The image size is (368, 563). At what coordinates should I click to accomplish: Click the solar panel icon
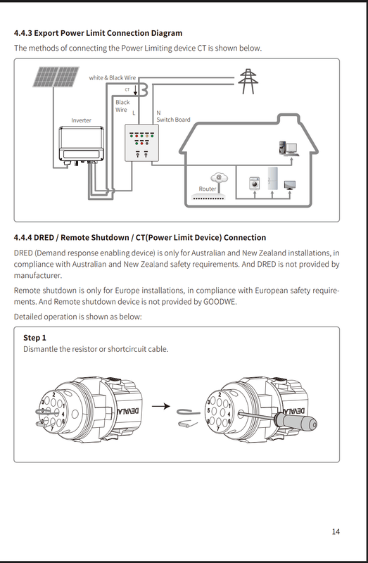tap(56, 77)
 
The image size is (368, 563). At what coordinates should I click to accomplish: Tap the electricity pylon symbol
tap(248, 82)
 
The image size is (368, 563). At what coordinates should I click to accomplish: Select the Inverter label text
tap(81, 120)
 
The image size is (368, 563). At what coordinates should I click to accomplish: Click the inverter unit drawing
tap(82, 145)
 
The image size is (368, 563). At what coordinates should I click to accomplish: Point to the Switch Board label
tap(173, 120)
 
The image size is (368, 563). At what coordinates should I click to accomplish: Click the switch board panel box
tap(141, 143)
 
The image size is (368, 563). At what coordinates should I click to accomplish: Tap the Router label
tap(208, 189)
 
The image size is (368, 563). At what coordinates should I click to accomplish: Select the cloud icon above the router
tap(219, 177)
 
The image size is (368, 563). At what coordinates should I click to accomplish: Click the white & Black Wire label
tap(113, 77)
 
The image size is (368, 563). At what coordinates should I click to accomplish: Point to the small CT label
tap(127, 90)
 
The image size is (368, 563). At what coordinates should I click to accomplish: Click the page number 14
tap(336, 531)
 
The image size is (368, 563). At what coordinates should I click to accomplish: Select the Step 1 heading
tap(34, 338)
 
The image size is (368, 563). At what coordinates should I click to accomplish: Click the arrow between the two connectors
tap(161, 407)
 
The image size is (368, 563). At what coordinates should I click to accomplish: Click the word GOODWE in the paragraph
tap(220, 302)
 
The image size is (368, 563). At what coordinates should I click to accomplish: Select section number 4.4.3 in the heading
tap(23, 33)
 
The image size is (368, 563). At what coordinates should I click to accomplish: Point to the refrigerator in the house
tap(272, 179)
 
